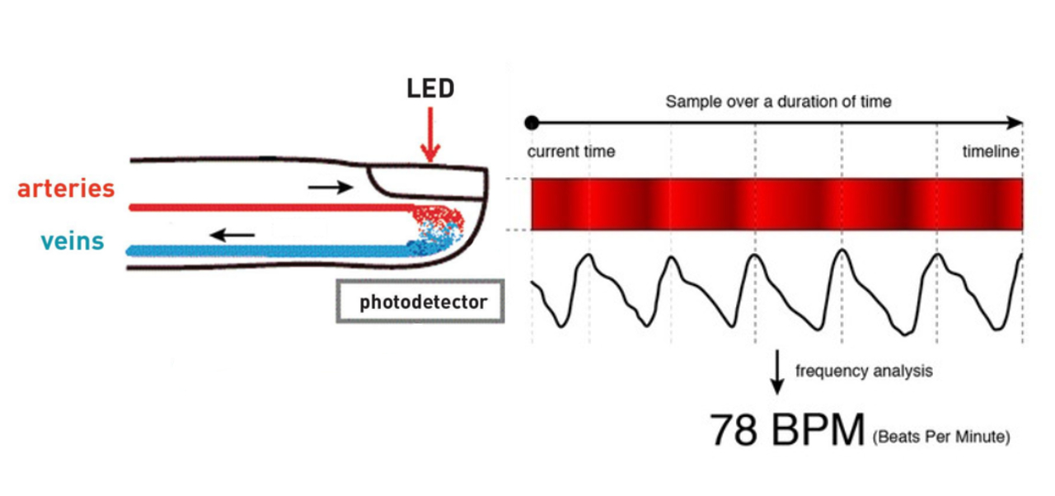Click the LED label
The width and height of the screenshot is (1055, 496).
pos(430,89)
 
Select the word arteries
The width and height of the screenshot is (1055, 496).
pos(66,188)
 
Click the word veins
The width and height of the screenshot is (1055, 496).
pos(73,241)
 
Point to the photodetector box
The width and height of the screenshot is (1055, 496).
pos(420,302)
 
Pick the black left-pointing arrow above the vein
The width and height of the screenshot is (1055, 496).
pos(232,236)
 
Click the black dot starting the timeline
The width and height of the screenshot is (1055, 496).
pos(532,123)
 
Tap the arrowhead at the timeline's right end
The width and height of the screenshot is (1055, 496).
pos(1015,123)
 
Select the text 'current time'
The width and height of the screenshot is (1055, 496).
pos(571,152)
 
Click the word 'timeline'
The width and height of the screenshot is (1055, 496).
pos(991,152)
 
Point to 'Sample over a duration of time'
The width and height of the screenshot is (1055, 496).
pos(778,102)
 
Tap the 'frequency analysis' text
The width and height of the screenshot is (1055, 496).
pos(864,371)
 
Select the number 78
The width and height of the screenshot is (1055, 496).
pos(734,431)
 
